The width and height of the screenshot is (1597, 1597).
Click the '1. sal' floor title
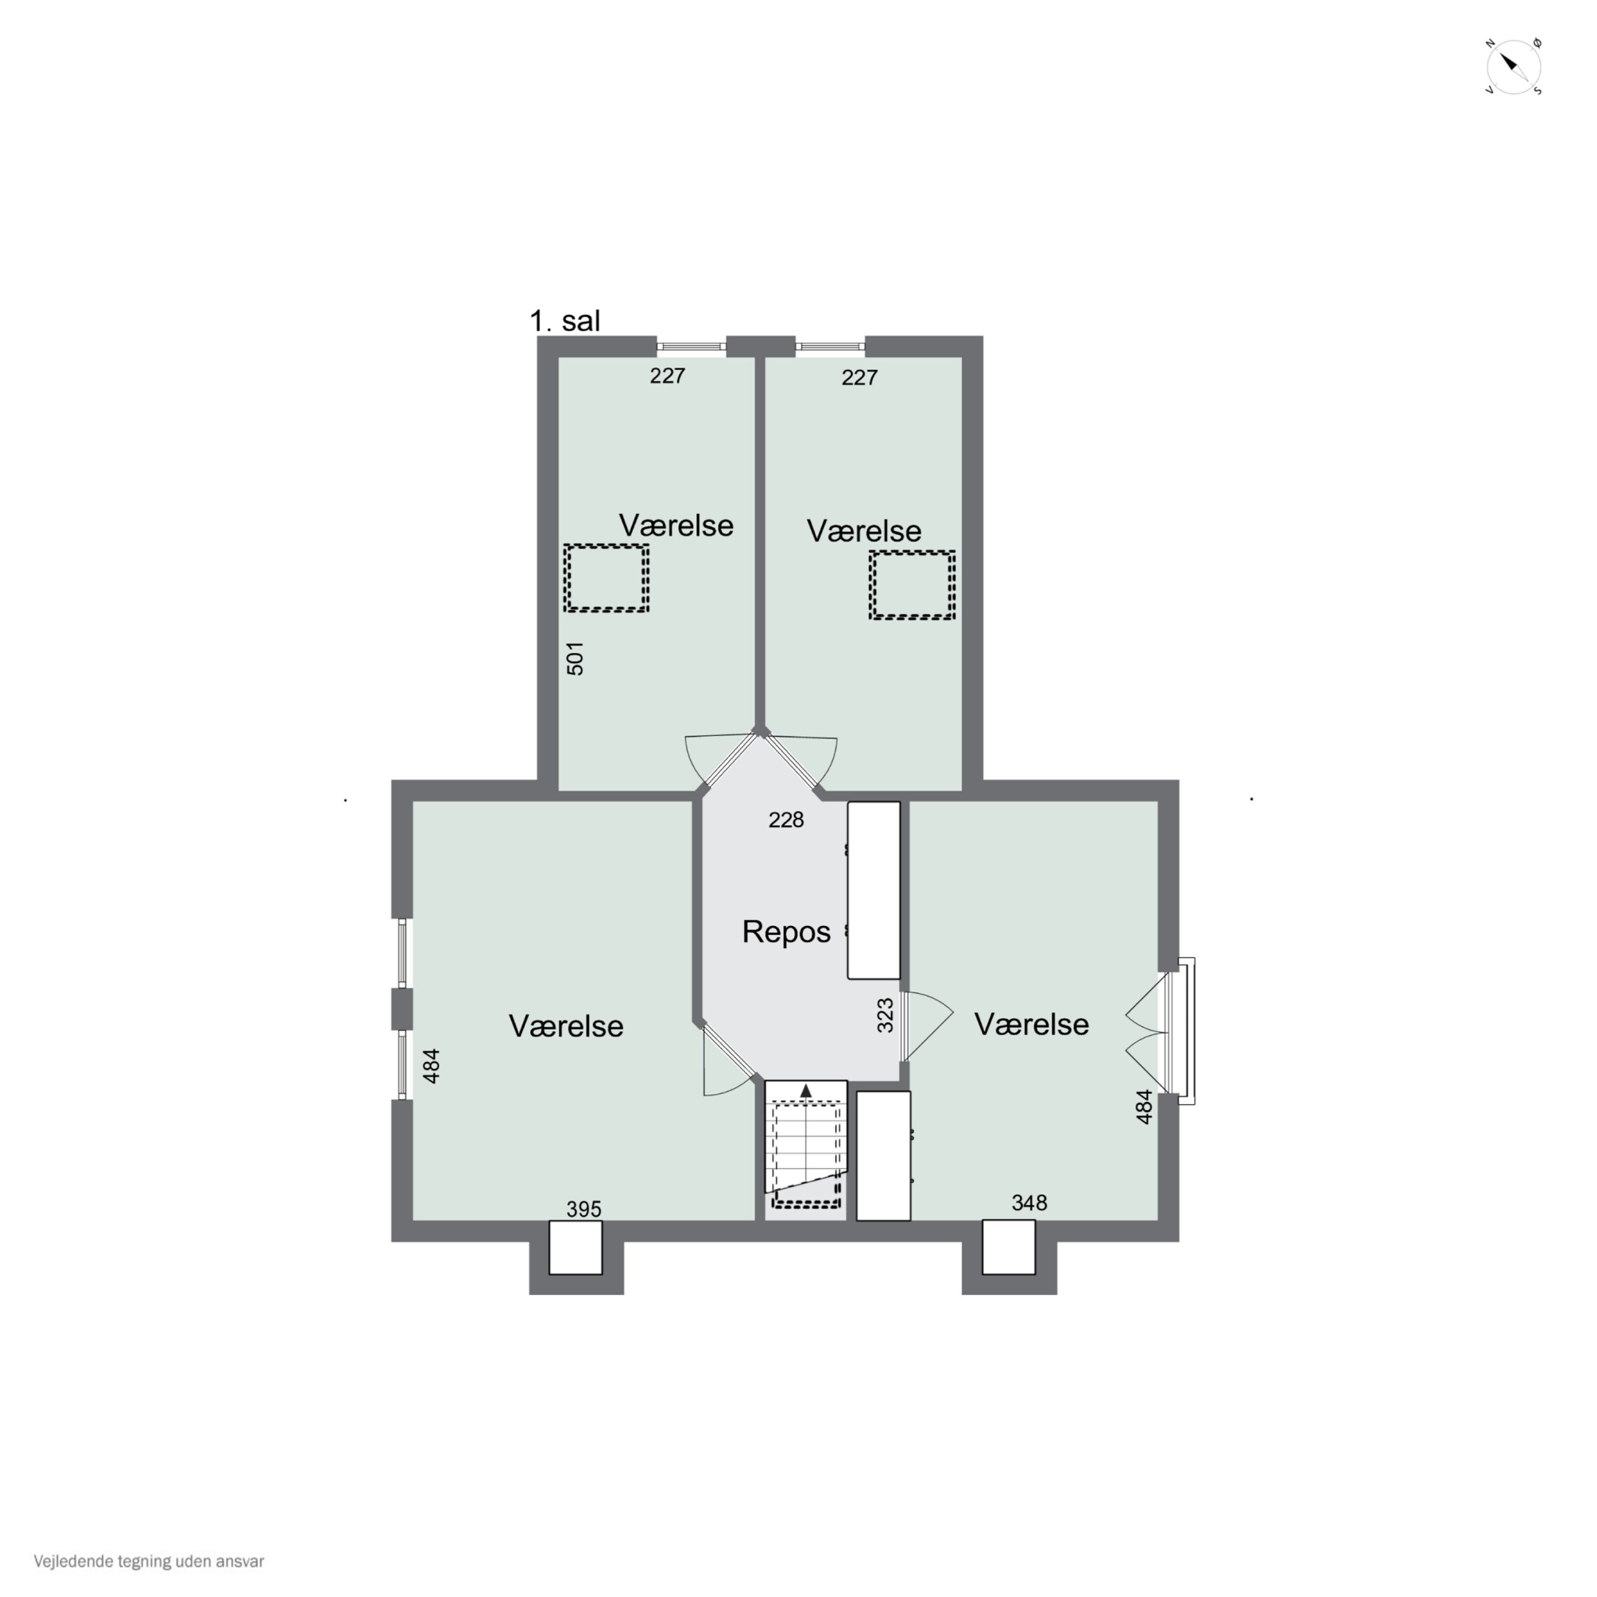tap(565, 320)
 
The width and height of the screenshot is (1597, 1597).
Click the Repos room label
tap(786, 932)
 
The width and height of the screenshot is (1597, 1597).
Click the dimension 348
tap(1029, 1203)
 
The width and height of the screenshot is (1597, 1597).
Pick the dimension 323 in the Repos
tap(885, 1016)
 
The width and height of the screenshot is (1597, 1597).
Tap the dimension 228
tap(786, 819)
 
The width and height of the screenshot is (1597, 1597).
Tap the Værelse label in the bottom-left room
tap(566, 1026)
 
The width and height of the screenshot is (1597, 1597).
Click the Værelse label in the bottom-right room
tap(1032, 1024)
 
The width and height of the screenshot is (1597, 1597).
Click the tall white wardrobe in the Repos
tap(874, 890)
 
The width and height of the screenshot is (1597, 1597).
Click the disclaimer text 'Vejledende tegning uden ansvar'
tap(149, 1561)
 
